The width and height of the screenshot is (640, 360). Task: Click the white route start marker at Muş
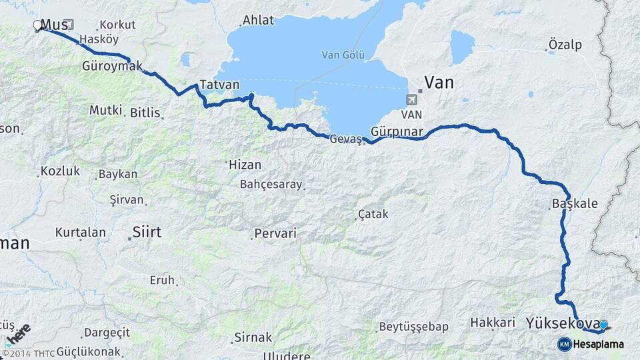click(x=37, y=26)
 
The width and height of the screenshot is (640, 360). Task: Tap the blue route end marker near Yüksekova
click(x=603, y=325)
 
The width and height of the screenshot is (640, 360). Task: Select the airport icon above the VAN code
click(x=413, y=100)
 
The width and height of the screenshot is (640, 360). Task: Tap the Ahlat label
click(x=258, y=20)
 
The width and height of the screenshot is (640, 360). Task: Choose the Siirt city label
click(x=147, y=232)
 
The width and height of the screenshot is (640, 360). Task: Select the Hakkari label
click(x=493, y=322)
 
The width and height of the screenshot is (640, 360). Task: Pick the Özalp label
click(x=565, y=45)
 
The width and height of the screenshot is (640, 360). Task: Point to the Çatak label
click(x=373, y=214)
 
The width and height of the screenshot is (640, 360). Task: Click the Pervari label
click(x=275, y=234)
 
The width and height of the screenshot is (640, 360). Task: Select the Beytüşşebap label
click(x=413, y=327)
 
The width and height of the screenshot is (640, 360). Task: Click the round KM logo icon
click(x=565, y=344)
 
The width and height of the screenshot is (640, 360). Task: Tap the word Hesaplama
click(x=599, y=344)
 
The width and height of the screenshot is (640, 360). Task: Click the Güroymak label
click(x=113, y=67)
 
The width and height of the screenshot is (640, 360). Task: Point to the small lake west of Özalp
click(x=462, y=47)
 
